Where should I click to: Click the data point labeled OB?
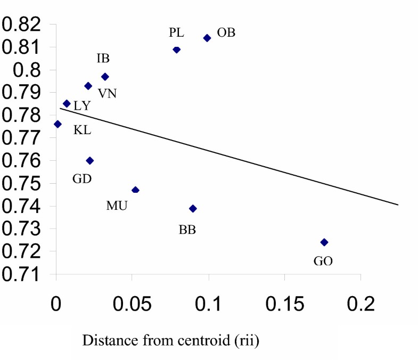click(207, 38)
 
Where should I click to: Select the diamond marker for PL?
click(177, 50)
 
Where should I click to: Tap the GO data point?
click(324, 242)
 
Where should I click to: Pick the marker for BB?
click(193, 208)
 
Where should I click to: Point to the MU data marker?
click(135, 190)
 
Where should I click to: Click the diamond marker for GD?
click(90, 160)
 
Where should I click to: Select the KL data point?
click(58, 124)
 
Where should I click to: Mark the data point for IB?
click(105, 77)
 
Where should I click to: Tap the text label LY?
click(82, 106)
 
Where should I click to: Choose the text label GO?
click(323, 261)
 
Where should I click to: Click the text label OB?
click(226, 33)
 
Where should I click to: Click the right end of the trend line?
click(398, 204)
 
